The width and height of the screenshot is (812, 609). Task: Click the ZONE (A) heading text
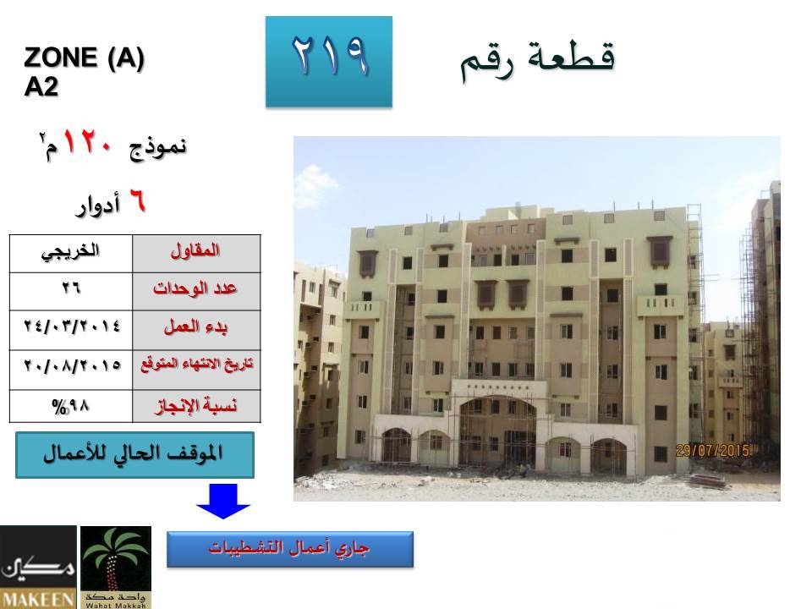[84, 58]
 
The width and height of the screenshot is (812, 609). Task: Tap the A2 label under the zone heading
[41, 86]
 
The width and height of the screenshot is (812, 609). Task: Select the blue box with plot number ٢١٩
[329, 62]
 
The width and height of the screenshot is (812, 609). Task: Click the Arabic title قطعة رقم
[538, 60]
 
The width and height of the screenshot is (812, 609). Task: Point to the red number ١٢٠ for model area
[87, 142]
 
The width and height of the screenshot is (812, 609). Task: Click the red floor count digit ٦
[137, 201]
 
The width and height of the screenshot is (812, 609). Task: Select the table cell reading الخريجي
[71, 254]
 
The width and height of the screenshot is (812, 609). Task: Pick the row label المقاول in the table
[195, 251]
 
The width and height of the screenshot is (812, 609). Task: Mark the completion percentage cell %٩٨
[71, 406]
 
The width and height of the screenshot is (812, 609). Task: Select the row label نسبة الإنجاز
[196, 406]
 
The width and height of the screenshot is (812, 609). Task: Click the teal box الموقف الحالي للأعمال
[134, 455]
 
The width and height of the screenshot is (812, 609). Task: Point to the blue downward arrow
[223, 501]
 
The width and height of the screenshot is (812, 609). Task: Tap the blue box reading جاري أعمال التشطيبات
[290, 549]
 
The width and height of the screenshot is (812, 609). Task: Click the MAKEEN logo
[38, 567]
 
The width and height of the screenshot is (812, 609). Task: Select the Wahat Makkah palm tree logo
[116, 567]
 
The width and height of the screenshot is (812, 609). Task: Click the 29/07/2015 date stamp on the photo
[713, 450]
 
